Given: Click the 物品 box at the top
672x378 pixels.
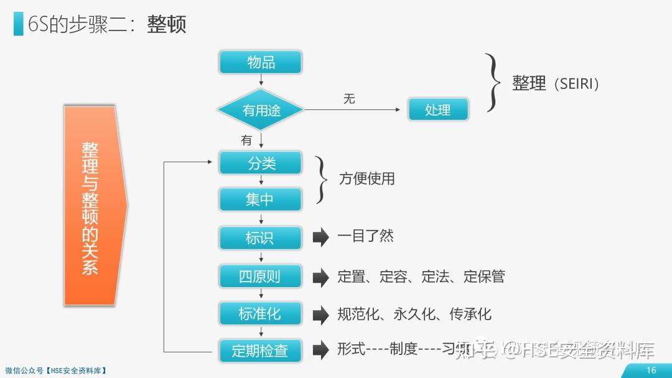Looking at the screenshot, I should click(x=260, y=62).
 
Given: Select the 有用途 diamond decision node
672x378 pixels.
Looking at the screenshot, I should click(x=261, y=111).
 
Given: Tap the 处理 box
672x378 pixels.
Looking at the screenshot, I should click(x=437, y=110).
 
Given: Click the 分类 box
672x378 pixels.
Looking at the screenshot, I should click(x=260, y=163).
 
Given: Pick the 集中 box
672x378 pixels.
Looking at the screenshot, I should click(x=260, y=200).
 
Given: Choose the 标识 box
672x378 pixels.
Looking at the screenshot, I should click(x=260, y=237).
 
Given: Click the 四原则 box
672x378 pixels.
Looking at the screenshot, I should click(x=260, y=277).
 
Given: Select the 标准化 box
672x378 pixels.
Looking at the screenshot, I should click(x=260, y=314).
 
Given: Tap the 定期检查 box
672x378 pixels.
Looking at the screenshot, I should click(x=260, y=351).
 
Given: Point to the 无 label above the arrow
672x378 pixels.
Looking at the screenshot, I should click(x=349, y=99).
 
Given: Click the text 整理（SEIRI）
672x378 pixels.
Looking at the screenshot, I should click(x=556, y=84).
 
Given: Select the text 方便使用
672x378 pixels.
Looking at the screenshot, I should click(x=366, y=179).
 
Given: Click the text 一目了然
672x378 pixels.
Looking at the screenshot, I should click(x=365, y=236).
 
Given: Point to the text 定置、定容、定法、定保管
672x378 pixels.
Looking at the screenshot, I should click(x=421, y=276).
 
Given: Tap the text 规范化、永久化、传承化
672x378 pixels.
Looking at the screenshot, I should click(x=414, y=314).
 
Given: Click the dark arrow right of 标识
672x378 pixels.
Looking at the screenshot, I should click(x=320, y=237).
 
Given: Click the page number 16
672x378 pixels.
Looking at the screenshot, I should click(x=651, y=370).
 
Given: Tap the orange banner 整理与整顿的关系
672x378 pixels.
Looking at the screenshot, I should click(x=91, y=206).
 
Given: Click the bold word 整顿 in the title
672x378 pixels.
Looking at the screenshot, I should click(x=167, y=24).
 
